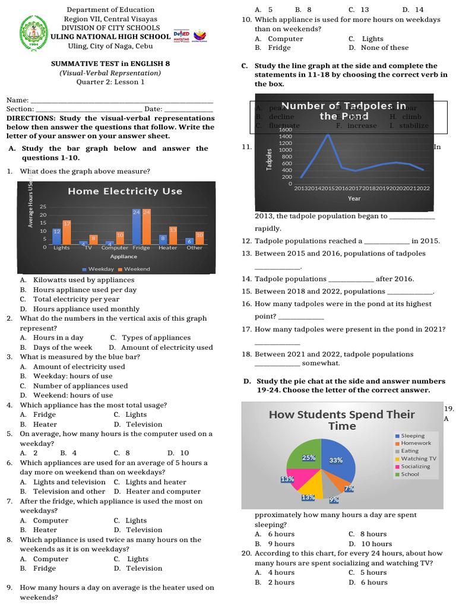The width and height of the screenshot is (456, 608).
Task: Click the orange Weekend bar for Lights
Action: (x=66, y=232)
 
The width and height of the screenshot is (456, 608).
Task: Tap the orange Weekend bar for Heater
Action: (x=173, y=235)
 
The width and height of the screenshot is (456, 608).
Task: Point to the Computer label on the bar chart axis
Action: (x=115, y=248)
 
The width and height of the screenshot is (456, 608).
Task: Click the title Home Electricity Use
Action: (x=125, y=191)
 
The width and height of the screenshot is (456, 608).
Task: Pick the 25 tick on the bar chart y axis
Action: (x=43, y=207)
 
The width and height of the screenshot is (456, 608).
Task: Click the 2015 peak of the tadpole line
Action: (x=328, y=134)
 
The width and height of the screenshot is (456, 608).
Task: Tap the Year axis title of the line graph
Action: (x=354, y=198)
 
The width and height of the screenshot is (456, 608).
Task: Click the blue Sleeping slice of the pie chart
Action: (x=338, y=460)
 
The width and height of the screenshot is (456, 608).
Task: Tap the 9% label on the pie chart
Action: (x=334, y=500)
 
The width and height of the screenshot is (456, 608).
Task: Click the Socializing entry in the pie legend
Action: (x=415, y=467)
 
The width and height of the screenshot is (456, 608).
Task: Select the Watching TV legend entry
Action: (x=418, y=459)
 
